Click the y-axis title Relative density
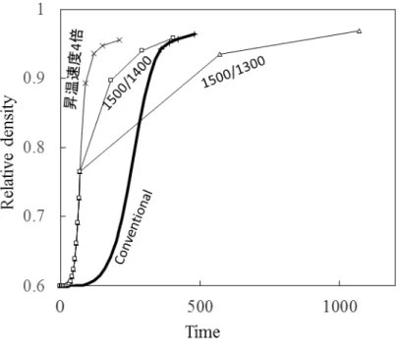[x=8, y=152]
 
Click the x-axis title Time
[x=202, y=331]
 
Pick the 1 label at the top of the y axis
[x=40, y=9]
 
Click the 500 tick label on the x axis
[x=199, y=307]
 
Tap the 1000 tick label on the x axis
[x=340, y=307]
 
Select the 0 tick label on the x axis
[x=60, y=307]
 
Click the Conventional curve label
[x=134, y=227]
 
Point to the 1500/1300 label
[x=233, y=72]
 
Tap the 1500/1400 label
[x=128, y=83]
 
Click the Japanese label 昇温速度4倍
[x=74, y=69]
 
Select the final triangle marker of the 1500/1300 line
[x=359, y=30]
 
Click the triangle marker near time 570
[x=220, y=54]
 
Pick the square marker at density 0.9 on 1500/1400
[x=111, y=80]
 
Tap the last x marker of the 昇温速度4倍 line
[x=119, y=40]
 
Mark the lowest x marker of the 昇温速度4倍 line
[x=85, y=83]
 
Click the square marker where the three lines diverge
[x=80, y=171]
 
